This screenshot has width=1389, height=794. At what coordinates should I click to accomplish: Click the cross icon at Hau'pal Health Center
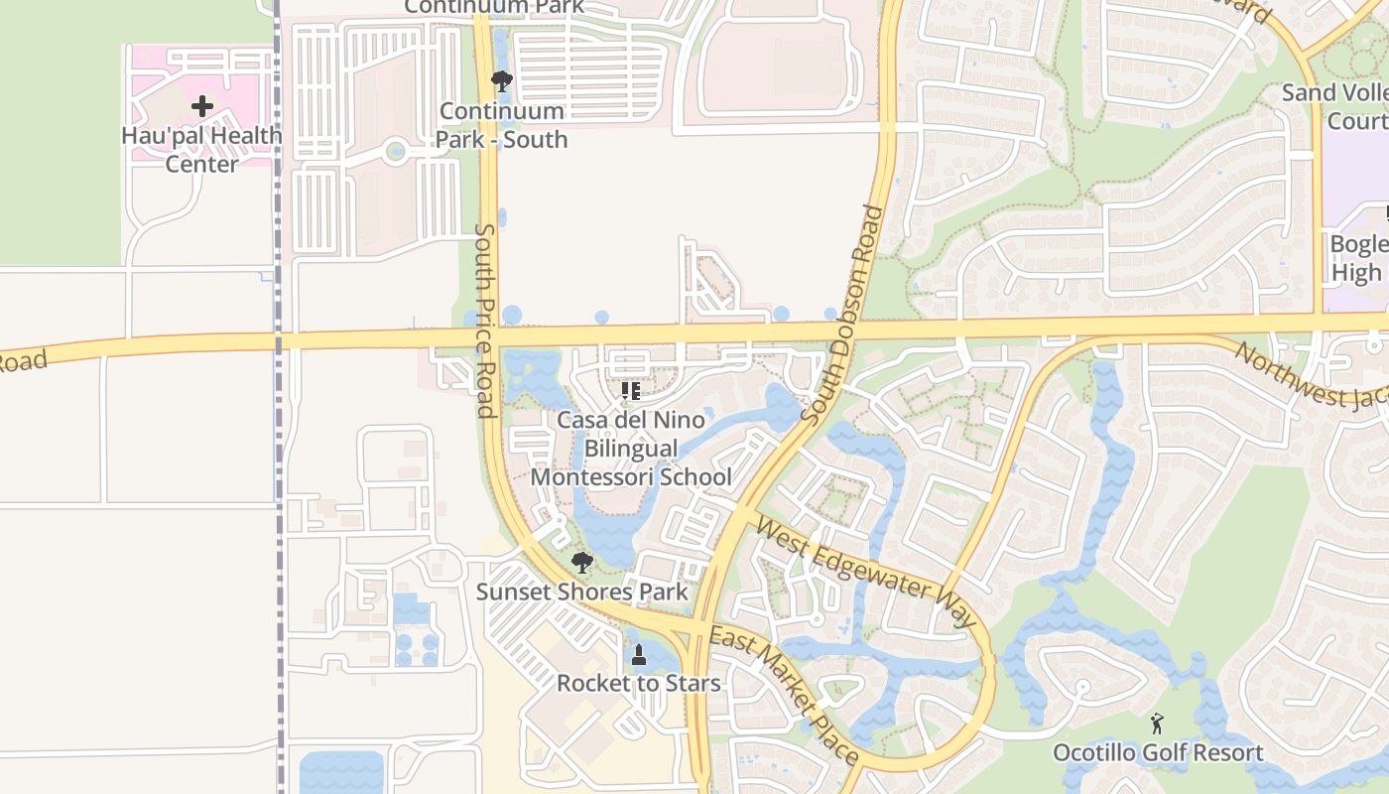coord(202,106)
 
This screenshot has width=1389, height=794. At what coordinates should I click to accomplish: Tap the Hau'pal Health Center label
coord(201,149)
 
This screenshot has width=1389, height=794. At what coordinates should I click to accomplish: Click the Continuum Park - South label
coord(502,125)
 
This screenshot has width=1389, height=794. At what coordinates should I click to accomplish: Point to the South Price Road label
coord(485,320)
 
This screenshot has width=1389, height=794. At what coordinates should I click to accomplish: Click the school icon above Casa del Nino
coord(630,391)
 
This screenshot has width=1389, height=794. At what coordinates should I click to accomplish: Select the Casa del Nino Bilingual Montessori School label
coord(631,449)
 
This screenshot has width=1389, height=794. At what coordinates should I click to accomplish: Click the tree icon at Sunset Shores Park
coord(582,564)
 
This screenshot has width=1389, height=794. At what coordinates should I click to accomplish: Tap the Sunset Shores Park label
coord(581,593)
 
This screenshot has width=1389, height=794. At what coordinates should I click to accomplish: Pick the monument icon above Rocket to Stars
coord(639,655)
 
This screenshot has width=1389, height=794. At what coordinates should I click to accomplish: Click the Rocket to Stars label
coord(638,684)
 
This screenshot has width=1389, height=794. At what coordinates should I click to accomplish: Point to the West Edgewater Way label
coord(866,570)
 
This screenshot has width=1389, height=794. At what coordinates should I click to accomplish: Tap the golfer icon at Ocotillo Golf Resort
coord(1157,724)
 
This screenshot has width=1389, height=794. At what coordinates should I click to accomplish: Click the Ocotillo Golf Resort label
coord(1158,753)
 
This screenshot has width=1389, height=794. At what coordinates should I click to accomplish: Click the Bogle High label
coord(1357,258)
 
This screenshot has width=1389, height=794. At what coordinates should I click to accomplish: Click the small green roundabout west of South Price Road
coord(396,152)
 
